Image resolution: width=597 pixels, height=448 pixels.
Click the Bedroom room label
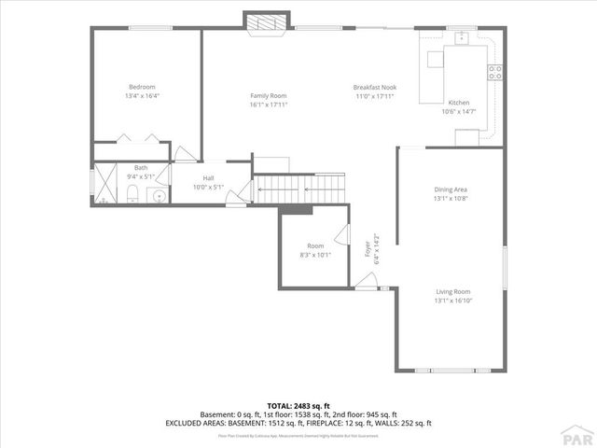point(141,86)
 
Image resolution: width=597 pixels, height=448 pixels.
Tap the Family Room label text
point(268,95)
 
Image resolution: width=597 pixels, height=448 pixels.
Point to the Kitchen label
point(459,103)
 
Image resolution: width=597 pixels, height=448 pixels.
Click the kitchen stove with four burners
point(495,70)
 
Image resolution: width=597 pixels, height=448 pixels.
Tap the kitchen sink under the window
point(461,39)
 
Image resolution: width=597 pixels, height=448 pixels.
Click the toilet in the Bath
point(133,193)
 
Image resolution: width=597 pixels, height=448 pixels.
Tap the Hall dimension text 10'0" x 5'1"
point(209,187)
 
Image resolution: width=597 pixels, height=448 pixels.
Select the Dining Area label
point(451,189)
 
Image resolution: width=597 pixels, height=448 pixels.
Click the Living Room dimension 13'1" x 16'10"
point(452,301)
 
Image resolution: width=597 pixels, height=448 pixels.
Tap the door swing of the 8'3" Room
point(342,238)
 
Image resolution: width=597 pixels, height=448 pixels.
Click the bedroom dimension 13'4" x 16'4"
point(141,95)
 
